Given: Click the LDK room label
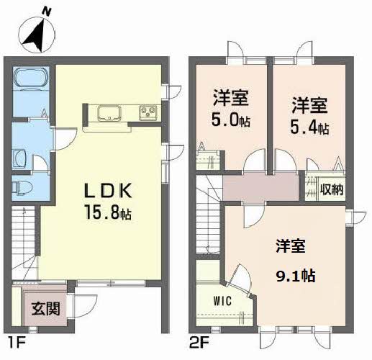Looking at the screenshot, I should click(108, 192).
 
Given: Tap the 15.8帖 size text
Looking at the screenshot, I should click(109, 213).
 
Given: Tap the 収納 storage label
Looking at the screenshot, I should click(332, 190).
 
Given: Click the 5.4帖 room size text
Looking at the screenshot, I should click(310, 127).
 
